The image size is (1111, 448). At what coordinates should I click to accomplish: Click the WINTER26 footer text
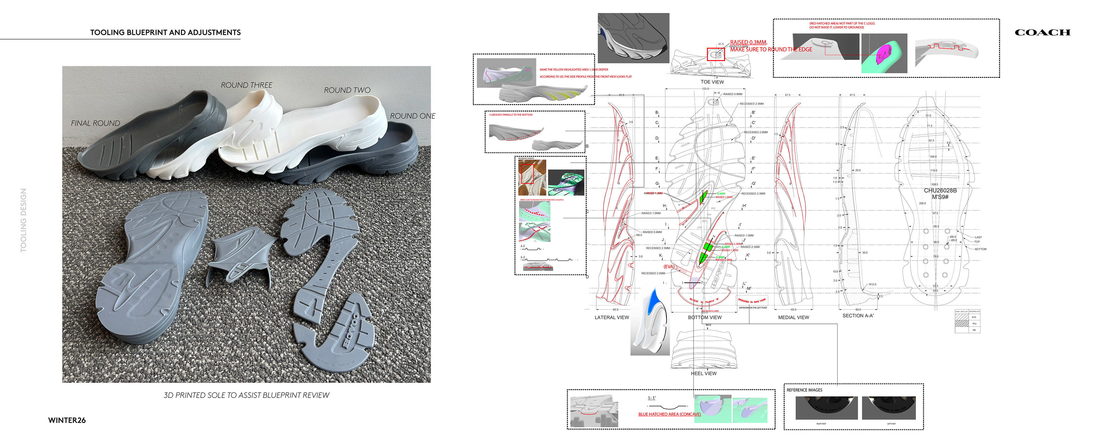click(67, 420)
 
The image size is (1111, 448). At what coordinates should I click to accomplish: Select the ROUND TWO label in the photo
click(347, 90)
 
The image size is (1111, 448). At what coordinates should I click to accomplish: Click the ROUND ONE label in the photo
click(412, 116)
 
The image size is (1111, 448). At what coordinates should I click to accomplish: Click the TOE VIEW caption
click(712, 82)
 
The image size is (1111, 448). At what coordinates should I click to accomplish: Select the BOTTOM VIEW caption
click(704, 317)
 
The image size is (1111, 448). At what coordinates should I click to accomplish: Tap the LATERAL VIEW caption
click(612, 317)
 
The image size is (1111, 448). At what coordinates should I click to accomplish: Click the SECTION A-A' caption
click(858, 315)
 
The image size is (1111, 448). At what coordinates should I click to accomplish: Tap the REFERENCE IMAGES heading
click(804, 390)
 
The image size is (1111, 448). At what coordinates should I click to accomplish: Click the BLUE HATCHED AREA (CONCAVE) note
click(669, 414)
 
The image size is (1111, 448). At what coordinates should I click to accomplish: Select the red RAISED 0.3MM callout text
click(748, 42)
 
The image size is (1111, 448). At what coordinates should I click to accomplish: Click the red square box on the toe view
click(715, 54)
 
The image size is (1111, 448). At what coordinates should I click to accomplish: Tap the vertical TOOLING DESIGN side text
click(23, 220)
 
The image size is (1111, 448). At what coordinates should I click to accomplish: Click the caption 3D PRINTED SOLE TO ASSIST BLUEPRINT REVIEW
click(246, 395)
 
